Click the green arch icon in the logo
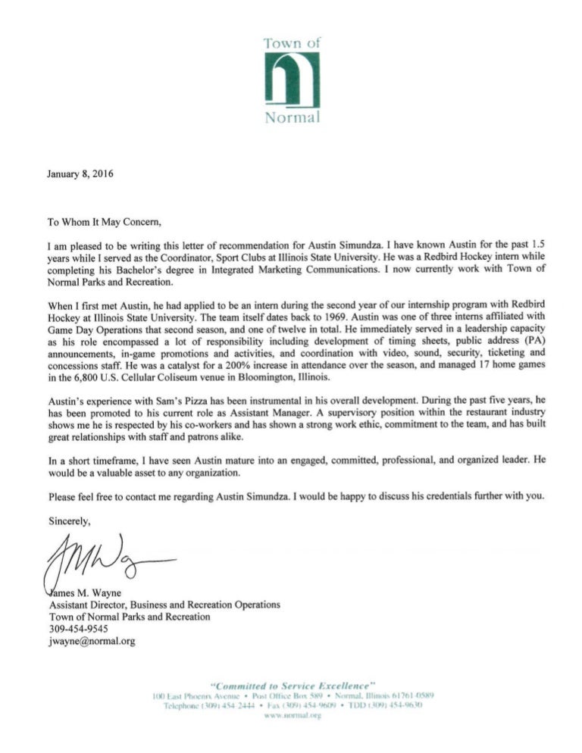(x=292, y=80)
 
